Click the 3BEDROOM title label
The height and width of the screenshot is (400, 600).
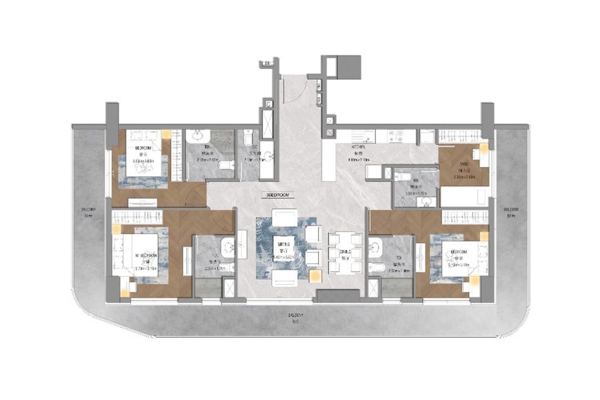tap(277, 193)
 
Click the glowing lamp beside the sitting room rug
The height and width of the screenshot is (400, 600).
tap(315, 274)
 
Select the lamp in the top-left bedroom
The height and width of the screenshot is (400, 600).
tap(166, 134)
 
